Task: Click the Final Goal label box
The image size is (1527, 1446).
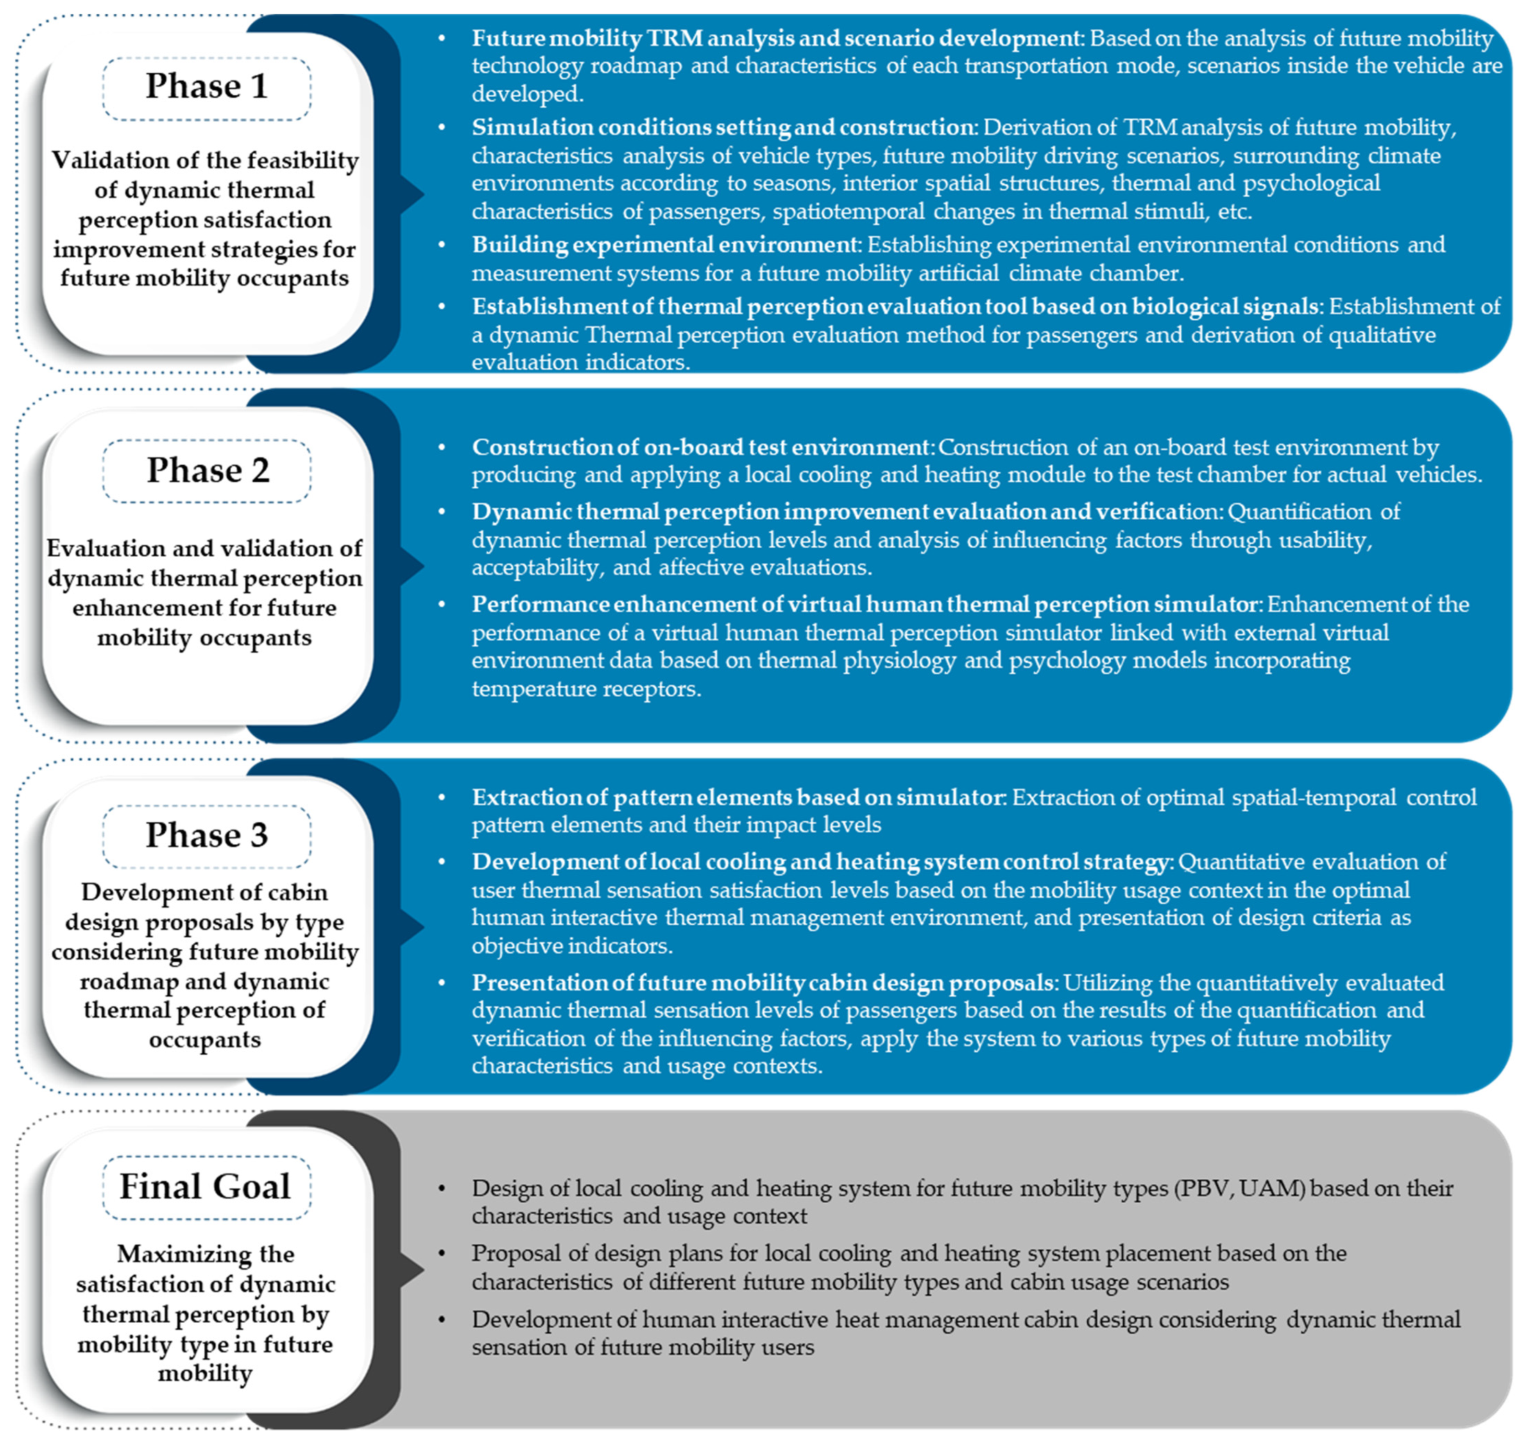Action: click(207, 1187)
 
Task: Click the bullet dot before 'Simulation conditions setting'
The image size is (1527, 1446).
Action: click(442, 127)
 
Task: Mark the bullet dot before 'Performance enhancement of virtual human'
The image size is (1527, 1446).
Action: click(442, 604)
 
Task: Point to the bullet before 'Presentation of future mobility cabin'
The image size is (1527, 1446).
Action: click(442, 983)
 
